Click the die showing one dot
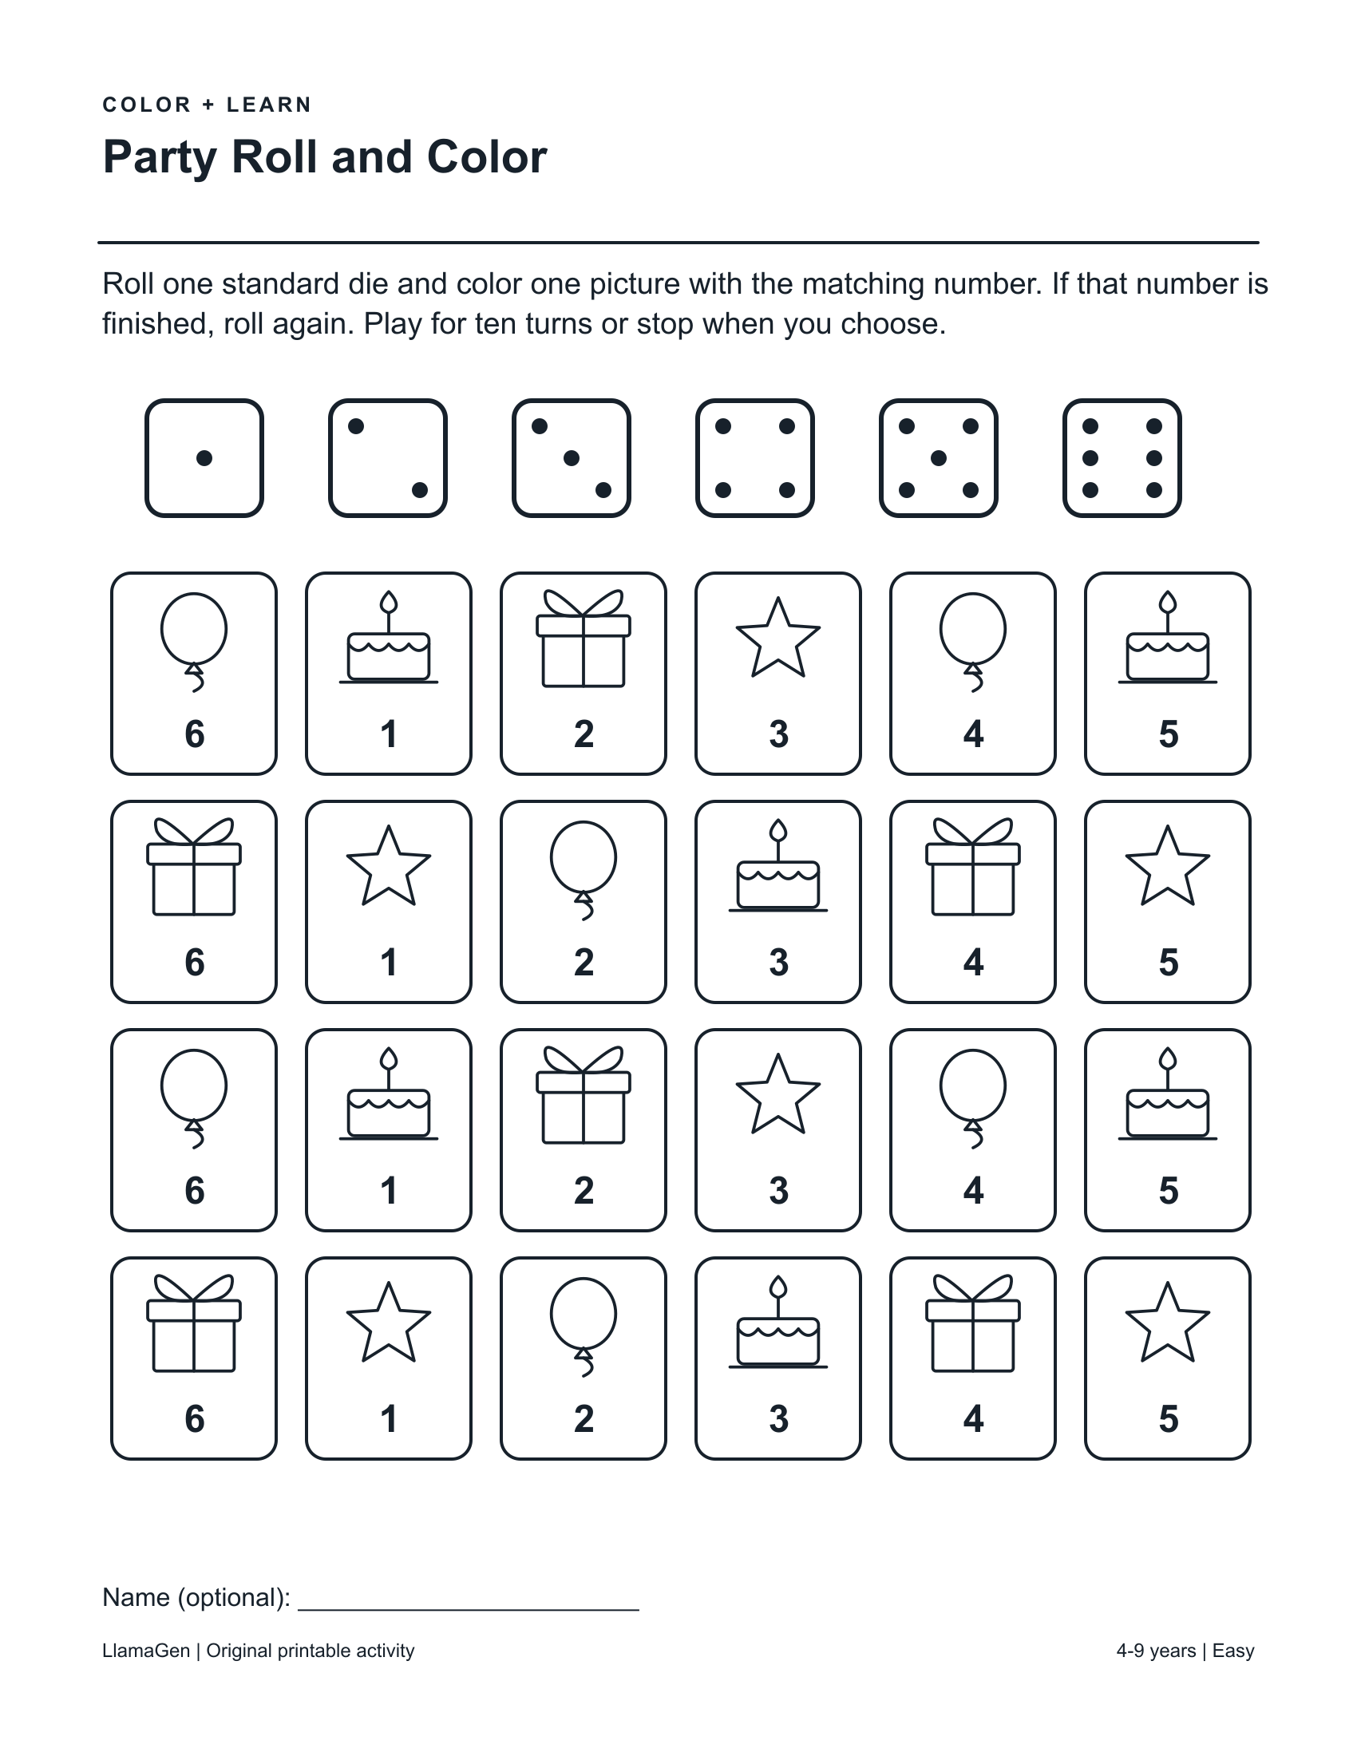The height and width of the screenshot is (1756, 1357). tap(204, 458)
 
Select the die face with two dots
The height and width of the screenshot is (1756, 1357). tap(387, 458)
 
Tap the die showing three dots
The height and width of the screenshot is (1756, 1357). tap(572, 458)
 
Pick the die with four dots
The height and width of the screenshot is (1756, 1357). tap(755, 458)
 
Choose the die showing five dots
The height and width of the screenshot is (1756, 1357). tap(938, 458)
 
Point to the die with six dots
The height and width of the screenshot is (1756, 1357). tap(1122, 458)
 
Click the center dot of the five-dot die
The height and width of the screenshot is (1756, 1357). tap(938, 458)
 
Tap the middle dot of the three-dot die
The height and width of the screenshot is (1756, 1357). tap(572, 458)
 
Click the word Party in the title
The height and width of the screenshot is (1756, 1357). tap(160, 157)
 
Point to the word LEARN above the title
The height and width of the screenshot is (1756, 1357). tap(269, 105)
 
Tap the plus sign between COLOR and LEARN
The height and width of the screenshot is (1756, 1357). tap(209, 105)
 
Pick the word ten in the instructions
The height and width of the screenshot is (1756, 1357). tap(494, 324)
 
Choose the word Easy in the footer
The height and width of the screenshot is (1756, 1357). tap(1233, 1651)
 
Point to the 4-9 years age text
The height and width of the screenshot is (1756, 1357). tap(1156, 1651)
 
